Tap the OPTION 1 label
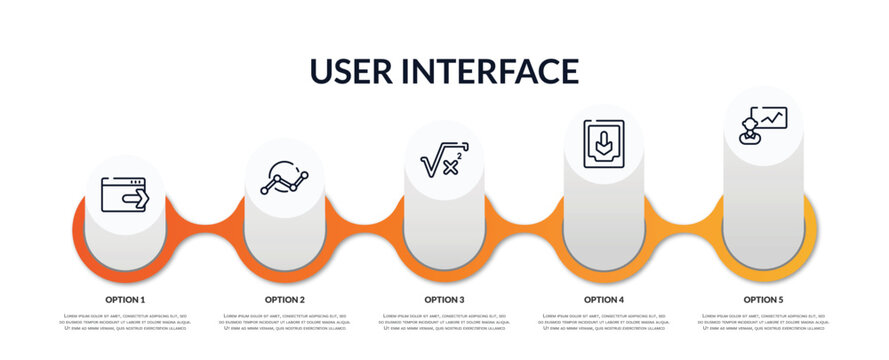tap(125, 299)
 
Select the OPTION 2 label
tap(285, 299)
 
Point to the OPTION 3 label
tap(444, 299)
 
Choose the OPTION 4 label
tap(604, 299)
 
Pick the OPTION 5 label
tap(763, 299)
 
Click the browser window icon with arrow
tap(125, 195)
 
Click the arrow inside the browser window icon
tap(135, 199)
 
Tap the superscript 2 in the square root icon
tap(458, 156)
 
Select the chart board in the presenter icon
tap(772, 117)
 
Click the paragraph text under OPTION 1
tap(125, 323)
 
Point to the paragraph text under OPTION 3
tap(444, 323)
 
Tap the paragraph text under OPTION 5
tap(763, 323)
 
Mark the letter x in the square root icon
tap(449, 168)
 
